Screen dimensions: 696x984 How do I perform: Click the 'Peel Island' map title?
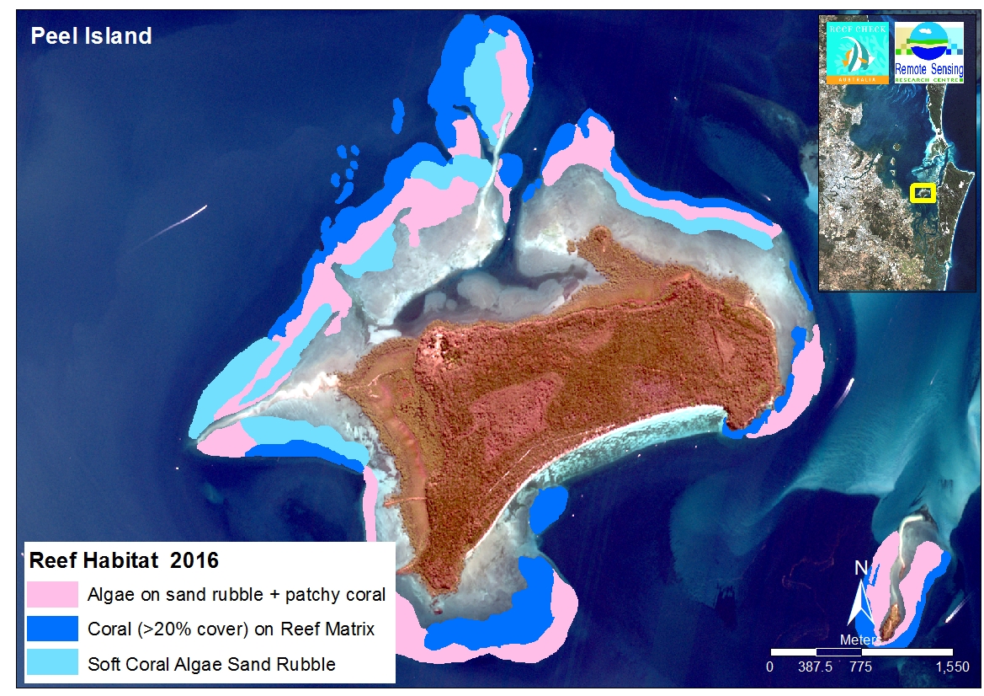[x=91, y=36]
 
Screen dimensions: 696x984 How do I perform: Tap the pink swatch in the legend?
[x=52, y=594]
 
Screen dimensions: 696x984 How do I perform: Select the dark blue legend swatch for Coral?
[x=52, y=629]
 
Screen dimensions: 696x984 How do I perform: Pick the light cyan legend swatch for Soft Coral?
[x=52, y=663]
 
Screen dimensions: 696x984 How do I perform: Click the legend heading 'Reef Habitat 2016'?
[x=124, y=560]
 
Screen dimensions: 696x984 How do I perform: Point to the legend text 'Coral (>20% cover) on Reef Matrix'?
[x=230, y=629]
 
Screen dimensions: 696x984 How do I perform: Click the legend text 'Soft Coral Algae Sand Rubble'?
[x=211, y=664]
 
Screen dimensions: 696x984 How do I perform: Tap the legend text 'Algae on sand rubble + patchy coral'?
[x=237, y=595]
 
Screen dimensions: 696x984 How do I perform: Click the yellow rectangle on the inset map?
[x=923, y=193]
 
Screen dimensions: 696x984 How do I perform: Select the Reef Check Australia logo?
[x=856, y=52]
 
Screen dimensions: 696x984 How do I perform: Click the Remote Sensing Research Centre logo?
[x=928, y=52]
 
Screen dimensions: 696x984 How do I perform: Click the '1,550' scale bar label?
[x=951, y=667]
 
